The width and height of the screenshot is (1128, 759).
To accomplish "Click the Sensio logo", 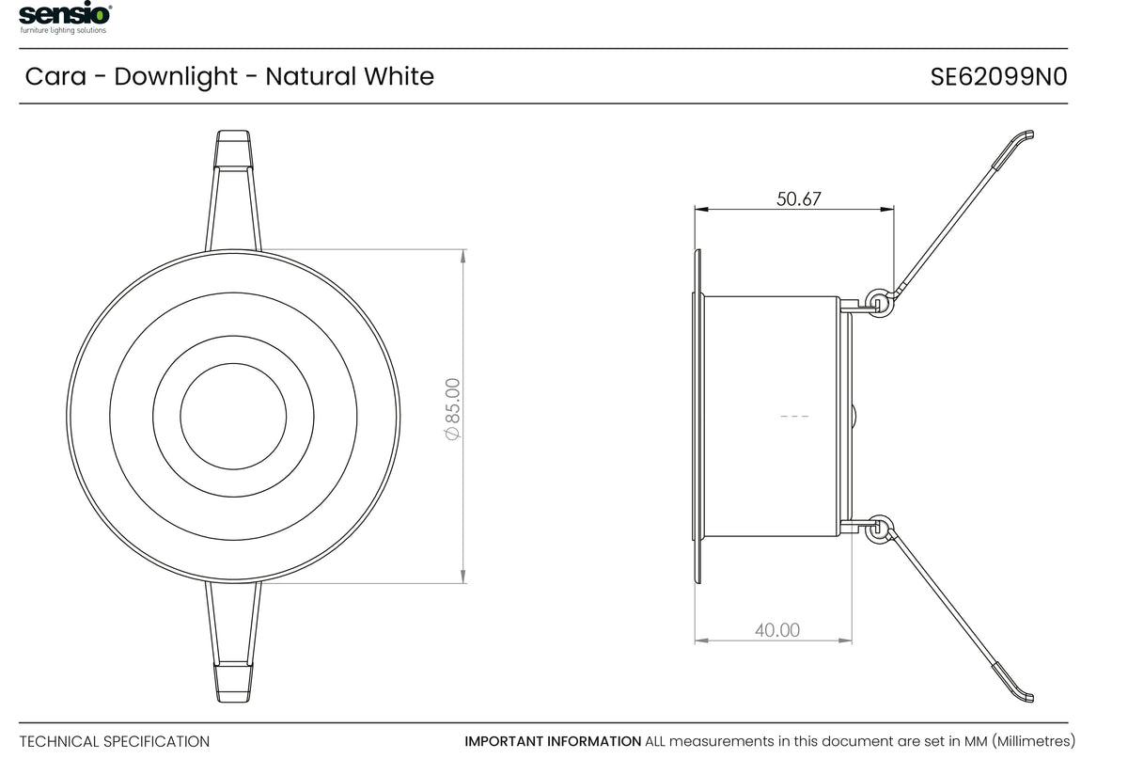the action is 65,17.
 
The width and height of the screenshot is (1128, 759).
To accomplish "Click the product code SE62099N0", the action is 998,77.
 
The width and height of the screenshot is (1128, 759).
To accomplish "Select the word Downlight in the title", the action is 176,76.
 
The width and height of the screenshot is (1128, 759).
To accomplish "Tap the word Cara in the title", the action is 55,76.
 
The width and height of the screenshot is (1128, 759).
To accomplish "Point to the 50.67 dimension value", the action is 799,199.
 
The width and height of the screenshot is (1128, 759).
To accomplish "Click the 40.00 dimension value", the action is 777,630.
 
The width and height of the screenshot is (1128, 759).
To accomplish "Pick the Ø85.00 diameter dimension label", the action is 452,409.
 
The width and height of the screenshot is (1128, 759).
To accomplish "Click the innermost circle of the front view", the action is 233,363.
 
